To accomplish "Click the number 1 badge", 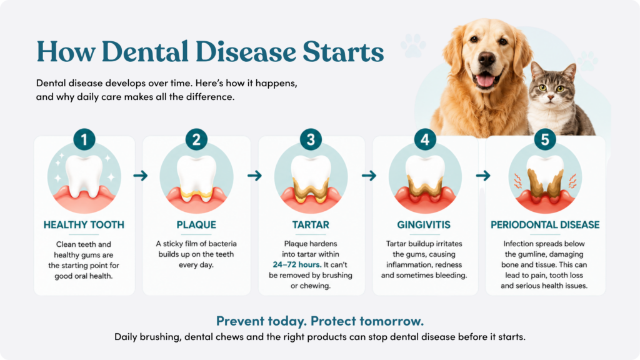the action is (x=84, y=139).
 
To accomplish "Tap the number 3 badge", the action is (x=311, y=139).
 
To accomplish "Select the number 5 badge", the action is (x=545, y=139).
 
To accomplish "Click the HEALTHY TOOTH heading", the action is (x=84, y=225).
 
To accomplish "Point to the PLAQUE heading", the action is (x=196, y=225).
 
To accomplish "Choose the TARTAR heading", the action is (x=311, y=225).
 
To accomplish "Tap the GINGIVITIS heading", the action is (x=424, y=225).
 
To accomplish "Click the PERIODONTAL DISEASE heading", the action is (x=545, y=225).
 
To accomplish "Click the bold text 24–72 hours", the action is (x=297, y=265).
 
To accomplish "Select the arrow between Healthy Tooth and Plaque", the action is (x=141, y=176).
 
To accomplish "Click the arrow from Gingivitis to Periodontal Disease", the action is (x=483, y=176).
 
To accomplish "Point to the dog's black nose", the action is (x=486, y=59).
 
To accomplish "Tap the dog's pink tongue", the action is (x=485, y=80).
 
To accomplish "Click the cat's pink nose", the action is (x=550, y=97).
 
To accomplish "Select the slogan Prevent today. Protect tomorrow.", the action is (x=320, y=321).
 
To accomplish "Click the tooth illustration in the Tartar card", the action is (x=311, y=179).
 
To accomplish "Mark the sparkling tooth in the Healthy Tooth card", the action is (x=84, y=176).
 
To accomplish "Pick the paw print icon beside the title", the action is (x=413, y=46).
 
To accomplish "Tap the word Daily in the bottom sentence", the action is (x=126, y=337).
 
